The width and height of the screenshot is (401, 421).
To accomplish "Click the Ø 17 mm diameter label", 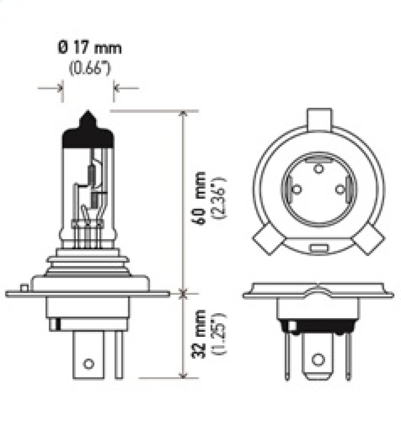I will pyautogui.click(x=89, y=49).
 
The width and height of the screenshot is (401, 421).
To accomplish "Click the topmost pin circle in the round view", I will pyautogui.click(x=317, y=168).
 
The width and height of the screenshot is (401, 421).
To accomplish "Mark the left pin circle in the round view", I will pyautogui.click(x=296, y=189).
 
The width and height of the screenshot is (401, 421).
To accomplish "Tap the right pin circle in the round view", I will pyautogui.click(x=339, y=189).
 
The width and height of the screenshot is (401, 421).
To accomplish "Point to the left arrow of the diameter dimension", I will pyautogui.click(x=59, y=88).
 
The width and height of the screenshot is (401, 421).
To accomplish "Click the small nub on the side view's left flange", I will pyautogui.click(x=24, y=288).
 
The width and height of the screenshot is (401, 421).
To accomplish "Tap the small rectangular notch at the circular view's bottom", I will pyautogui.click(x=317, y=248).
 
